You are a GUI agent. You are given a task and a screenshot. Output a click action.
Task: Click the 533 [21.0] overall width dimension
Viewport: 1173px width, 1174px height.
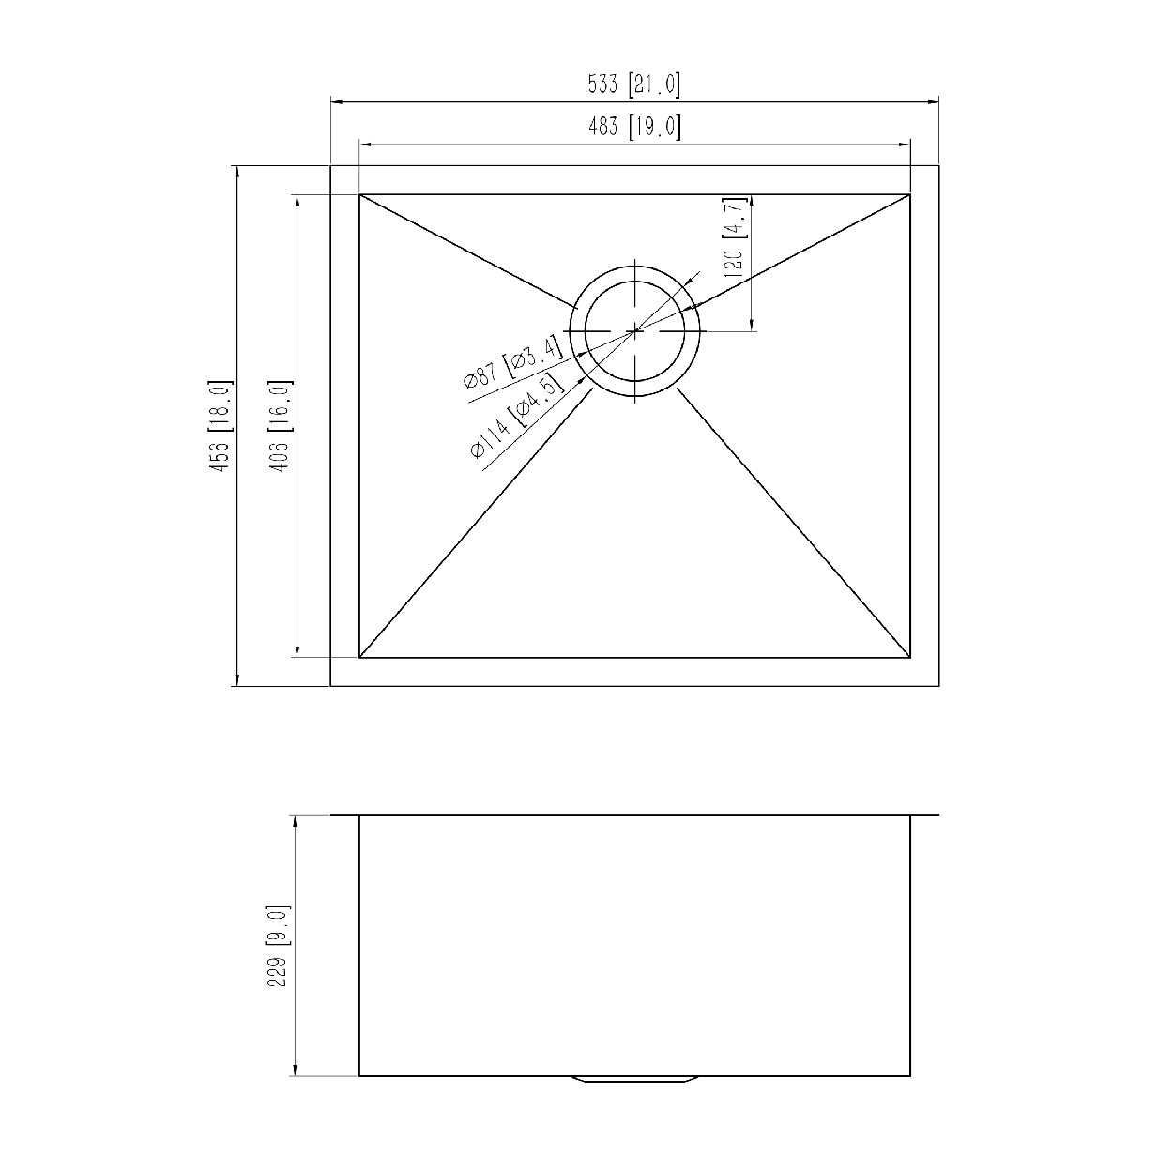pos(633,85)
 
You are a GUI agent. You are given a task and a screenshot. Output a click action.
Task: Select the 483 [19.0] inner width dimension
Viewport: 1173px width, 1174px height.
pos(633,127)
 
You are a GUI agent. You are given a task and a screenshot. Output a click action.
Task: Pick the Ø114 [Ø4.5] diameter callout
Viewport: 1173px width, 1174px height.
pos(517,418)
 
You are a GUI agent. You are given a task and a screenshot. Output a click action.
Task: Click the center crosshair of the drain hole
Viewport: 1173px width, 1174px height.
pos(636,330)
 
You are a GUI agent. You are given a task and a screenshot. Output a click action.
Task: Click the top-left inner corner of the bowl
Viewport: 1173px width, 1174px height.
pos(360,195)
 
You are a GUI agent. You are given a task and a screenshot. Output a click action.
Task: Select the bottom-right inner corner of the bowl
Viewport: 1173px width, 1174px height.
pos(910,657)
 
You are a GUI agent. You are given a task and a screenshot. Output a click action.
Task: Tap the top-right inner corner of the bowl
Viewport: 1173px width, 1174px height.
pos(910,195)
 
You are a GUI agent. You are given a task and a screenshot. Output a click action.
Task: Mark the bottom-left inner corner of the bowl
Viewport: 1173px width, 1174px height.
pos(360,657)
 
